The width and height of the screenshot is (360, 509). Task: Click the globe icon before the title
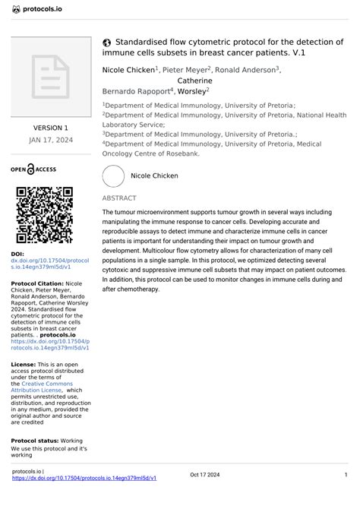coord(108,42)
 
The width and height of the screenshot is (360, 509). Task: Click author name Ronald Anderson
coord(245,70)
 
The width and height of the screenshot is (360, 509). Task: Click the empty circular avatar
coord(113,175)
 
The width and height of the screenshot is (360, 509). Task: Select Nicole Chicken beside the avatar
coord(155,175)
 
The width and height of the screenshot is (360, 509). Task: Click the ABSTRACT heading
coord(119,198)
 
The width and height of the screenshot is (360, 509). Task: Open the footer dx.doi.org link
coord(85,479)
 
